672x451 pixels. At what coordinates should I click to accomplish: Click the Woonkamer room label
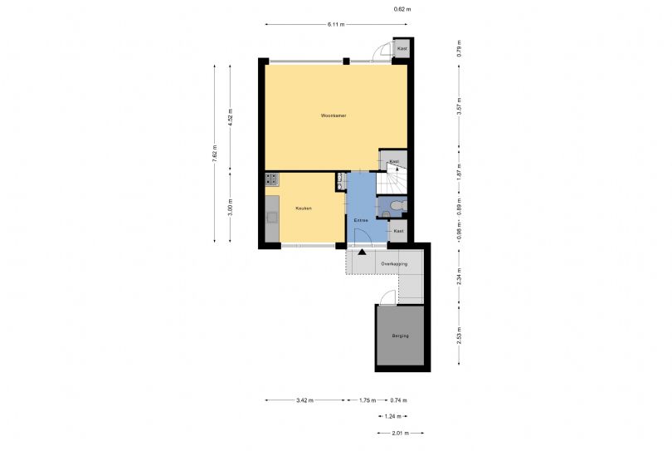tap(334, 115)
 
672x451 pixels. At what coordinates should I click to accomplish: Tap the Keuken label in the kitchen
tap(303, 208)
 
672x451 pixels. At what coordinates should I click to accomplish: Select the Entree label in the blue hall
tap(360, 219)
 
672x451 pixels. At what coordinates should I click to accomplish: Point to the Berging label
tap(401, 336)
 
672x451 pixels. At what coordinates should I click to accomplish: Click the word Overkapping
tap(394, 263)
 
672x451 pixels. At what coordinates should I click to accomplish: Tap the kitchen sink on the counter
tap(271, 218)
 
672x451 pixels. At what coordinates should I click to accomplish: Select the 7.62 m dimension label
tap(214, 154)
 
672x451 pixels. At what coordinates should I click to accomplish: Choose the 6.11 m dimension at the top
tap(335, 24)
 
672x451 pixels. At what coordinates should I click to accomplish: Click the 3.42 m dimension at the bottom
tap(304, 400)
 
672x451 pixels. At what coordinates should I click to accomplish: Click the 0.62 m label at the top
tap(402, 9)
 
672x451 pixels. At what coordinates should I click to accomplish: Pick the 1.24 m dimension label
tap(392, 416)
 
